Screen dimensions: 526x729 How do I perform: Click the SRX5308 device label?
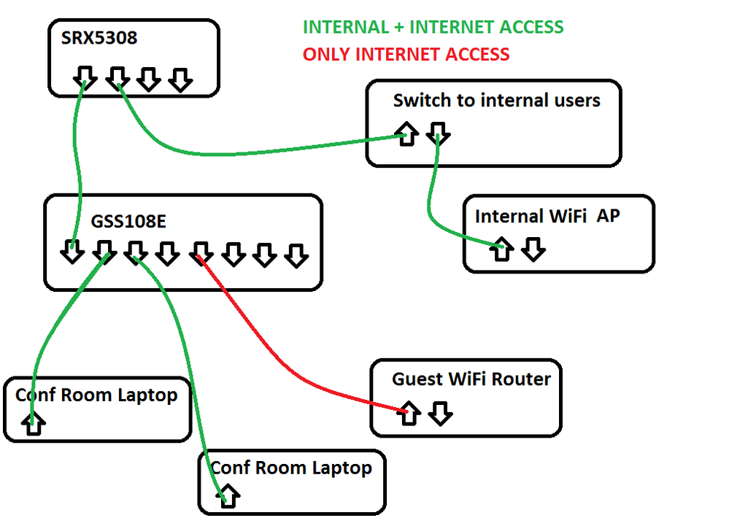click(x=99, y=38)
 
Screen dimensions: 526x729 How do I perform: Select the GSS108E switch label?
click(x=128, y=222)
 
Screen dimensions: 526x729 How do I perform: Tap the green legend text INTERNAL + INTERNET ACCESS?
click(x=433, y=28)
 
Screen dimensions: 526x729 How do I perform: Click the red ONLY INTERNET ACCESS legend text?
click(x=406, y=54)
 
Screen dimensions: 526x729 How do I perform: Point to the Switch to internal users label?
click(x=496, y=100)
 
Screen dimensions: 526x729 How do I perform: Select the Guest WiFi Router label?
click(x=471, y=379)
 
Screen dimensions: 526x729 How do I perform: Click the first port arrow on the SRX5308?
click(x=86, y=78)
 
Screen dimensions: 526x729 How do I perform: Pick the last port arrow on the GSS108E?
click(x=296, y=255)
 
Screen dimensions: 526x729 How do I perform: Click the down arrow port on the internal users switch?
click(x=438, y=133)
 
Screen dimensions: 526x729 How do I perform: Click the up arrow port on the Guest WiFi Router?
click(x=409, y=413)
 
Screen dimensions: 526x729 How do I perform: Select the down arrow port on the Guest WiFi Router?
click(x=440, y=413)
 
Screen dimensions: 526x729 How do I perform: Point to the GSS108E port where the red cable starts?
click(x=201, y=253)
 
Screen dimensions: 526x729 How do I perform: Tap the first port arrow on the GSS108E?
click(x=72, y=252)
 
